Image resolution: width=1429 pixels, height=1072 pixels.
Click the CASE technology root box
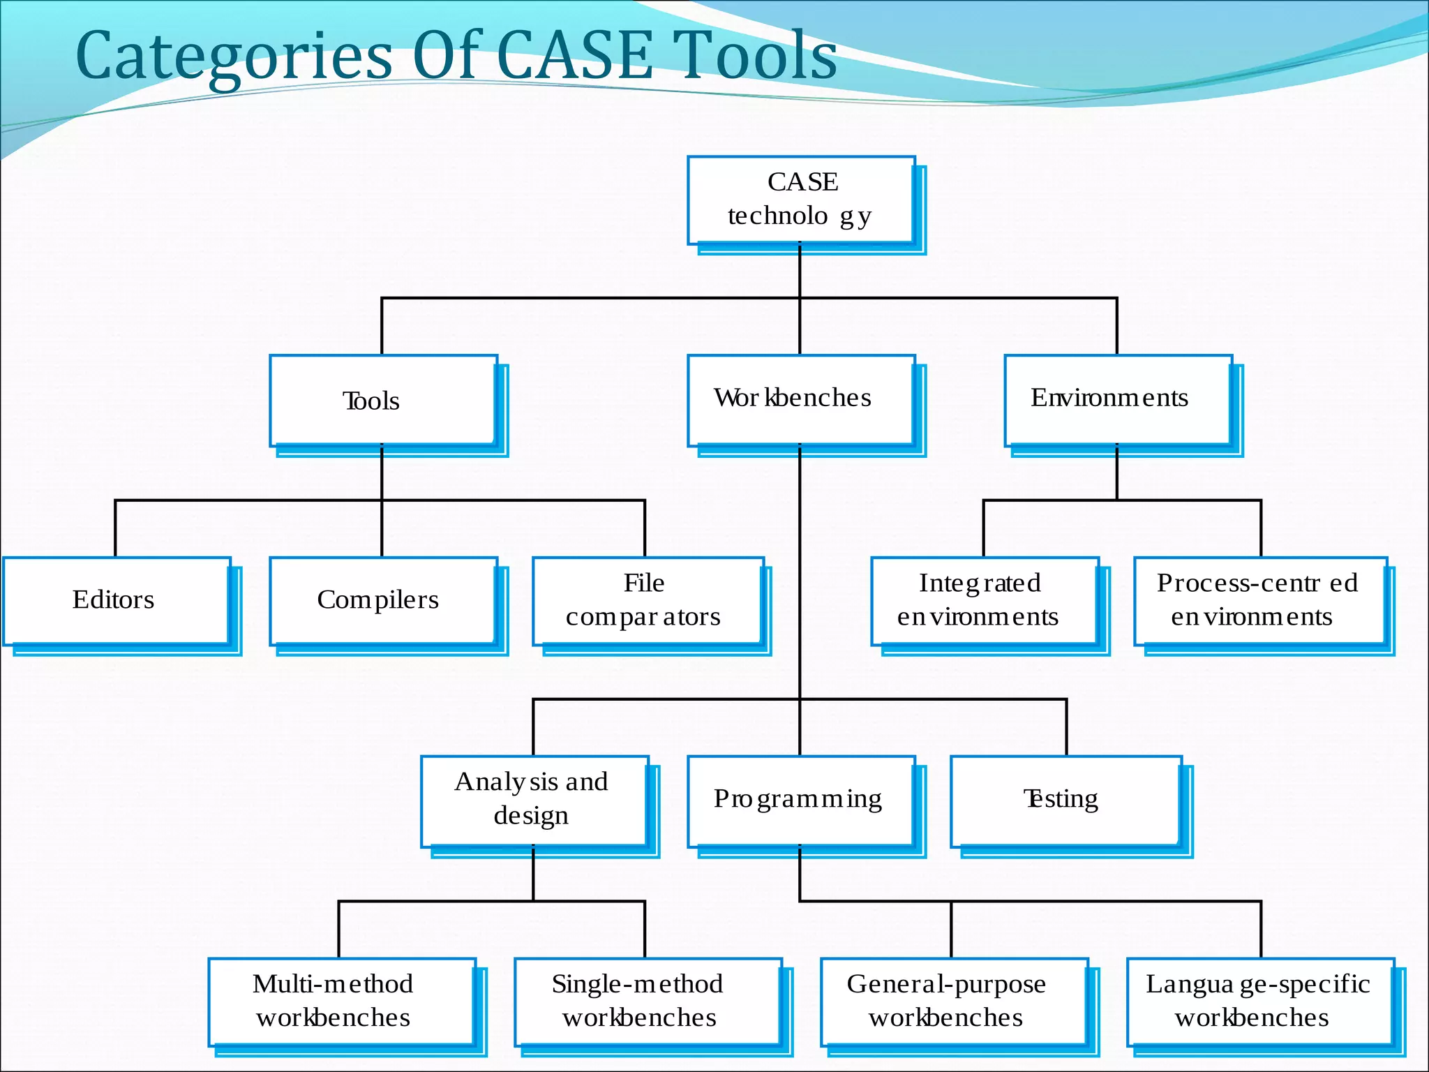point(801,200)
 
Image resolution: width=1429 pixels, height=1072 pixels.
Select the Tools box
point(384,400)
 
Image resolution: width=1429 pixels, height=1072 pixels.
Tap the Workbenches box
point(801,399)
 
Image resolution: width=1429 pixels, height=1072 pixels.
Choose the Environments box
point(1118,399)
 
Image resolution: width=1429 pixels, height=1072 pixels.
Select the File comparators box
point(648,600)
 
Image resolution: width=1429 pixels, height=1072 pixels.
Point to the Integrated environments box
point(984,600)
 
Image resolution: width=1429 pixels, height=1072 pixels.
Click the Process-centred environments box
point(1260,600)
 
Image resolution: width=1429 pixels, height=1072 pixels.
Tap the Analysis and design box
point(534,800)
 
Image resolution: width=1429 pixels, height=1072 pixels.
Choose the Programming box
point(801,800)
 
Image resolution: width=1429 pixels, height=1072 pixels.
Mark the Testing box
point(1065,800)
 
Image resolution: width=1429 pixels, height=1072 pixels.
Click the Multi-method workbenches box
point(342,1001)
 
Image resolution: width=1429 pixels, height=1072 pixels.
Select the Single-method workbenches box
point(648,1001)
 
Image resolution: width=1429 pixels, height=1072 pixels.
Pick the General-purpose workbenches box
point(954,1001)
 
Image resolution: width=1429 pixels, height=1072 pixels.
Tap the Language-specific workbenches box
point(1260,1001)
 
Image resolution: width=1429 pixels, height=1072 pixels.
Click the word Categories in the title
point(234,57)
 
